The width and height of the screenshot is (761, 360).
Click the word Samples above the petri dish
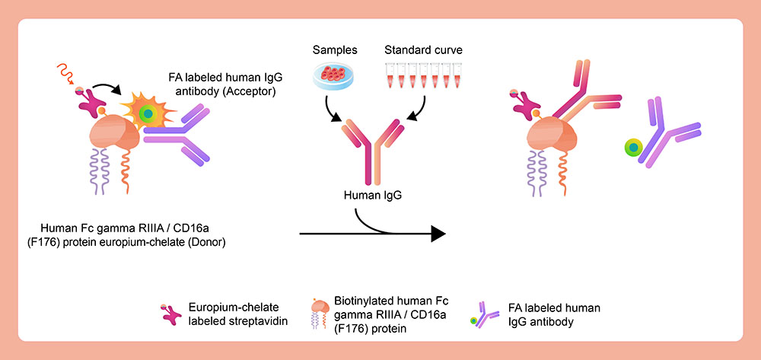(x=334, y=50)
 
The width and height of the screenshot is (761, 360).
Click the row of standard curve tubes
(x=420, y=77)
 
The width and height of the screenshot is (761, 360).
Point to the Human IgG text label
(x=372, y=195)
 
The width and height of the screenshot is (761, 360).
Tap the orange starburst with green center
(x=148, y=113)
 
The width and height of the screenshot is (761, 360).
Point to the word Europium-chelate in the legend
(x=221, y=307)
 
